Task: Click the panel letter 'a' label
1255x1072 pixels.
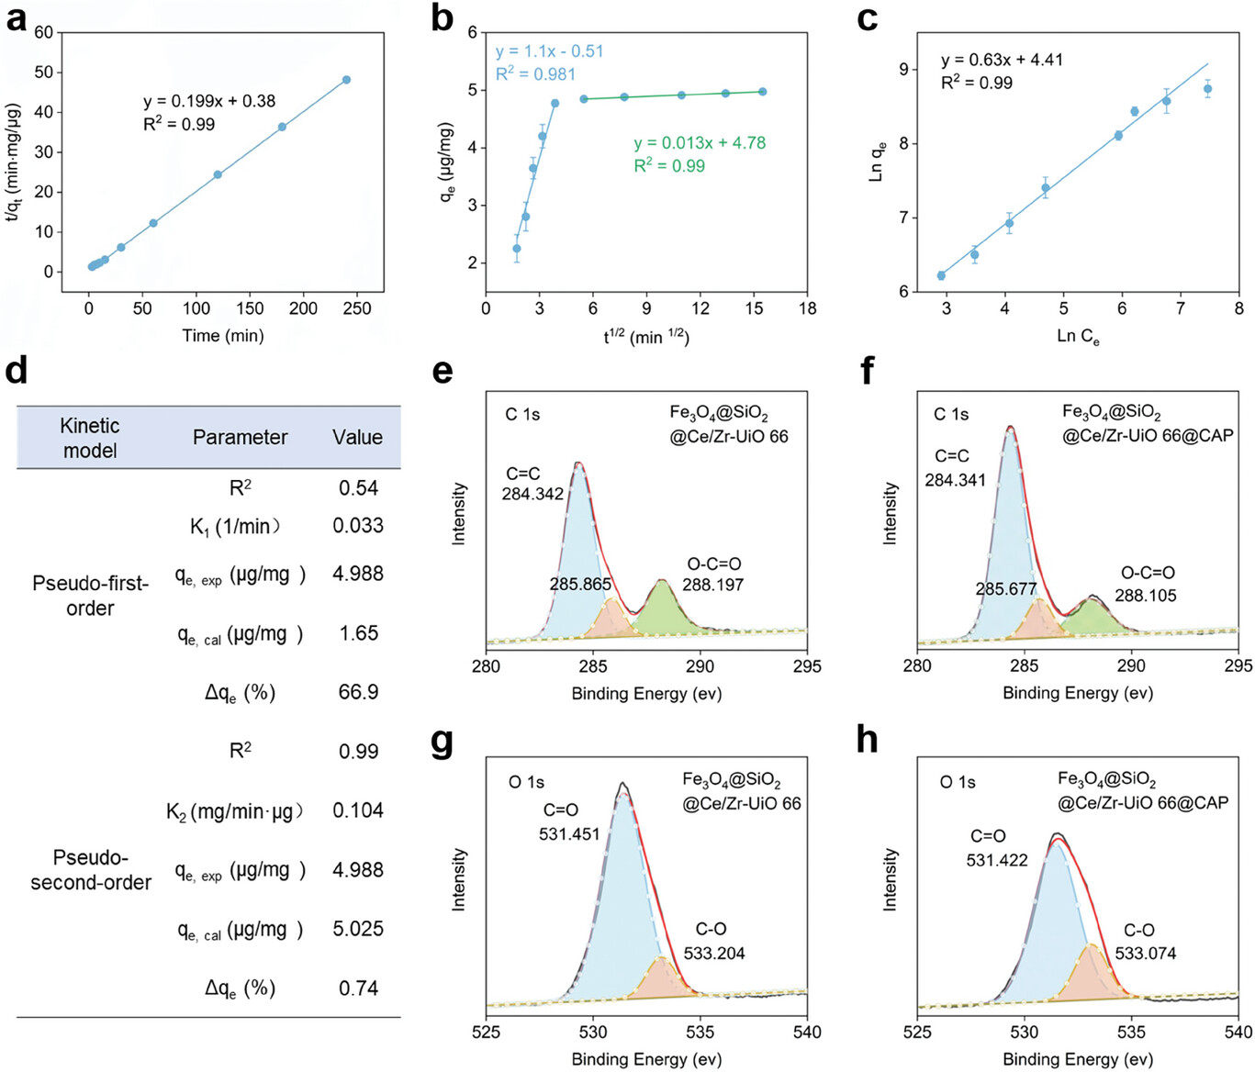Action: [x=16, y=18]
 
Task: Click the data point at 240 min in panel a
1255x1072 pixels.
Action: [x=346, y=80]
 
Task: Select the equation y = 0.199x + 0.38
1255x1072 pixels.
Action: [x=209, y=101]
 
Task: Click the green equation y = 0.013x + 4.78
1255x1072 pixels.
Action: [x=700, y=143]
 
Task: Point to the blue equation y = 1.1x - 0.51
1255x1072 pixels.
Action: [x=550, y=51]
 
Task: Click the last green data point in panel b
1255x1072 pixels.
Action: [x=763, y=92]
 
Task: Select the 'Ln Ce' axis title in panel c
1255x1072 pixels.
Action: [x=1077, y=337]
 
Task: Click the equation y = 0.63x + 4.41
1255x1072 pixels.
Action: [x=1002, y=60]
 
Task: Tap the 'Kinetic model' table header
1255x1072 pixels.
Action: [x=90, y=438]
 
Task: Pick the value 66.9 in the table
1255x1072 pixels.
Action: [x=358, y=692]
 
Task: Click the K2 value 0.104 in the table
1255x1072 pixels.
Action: [x=358, y=810]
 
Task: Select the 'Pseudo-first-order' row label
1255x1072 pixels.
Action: [x=90, y=596]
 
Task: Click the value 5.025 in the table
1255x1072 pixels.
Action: [x=358, y=929]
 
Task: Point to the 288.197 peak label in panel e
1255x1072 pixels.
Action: [x=713, y=585]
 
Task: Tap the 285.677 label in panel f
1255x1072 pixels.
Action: [x=1006, y=589]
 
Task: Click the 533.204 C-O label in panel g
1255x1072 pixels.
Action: [x=714, y=954]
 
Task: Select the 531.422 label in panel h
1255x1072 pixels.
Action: [x=997, y=861]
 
